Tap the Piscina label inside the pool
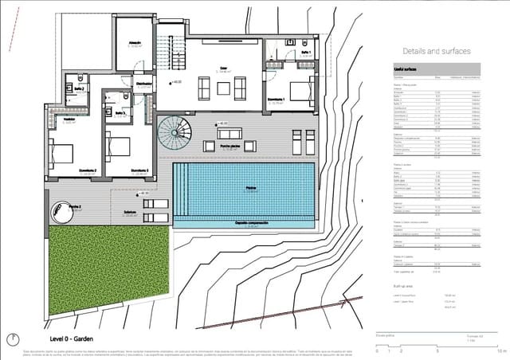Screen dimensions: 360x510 coord(250,188)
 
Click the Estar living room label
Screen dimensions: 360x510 coord(224,69)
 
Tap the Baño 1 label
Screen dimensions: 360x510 coord(306,53)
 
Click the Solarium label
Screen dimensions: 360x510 coord(130,212)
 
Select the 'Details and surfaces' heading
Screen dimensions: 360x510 coord(437,50)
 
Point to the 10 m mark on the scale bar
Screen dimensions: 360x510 coord(500,350)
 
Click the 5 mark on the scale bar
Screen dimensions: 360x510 coord(437,350)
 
